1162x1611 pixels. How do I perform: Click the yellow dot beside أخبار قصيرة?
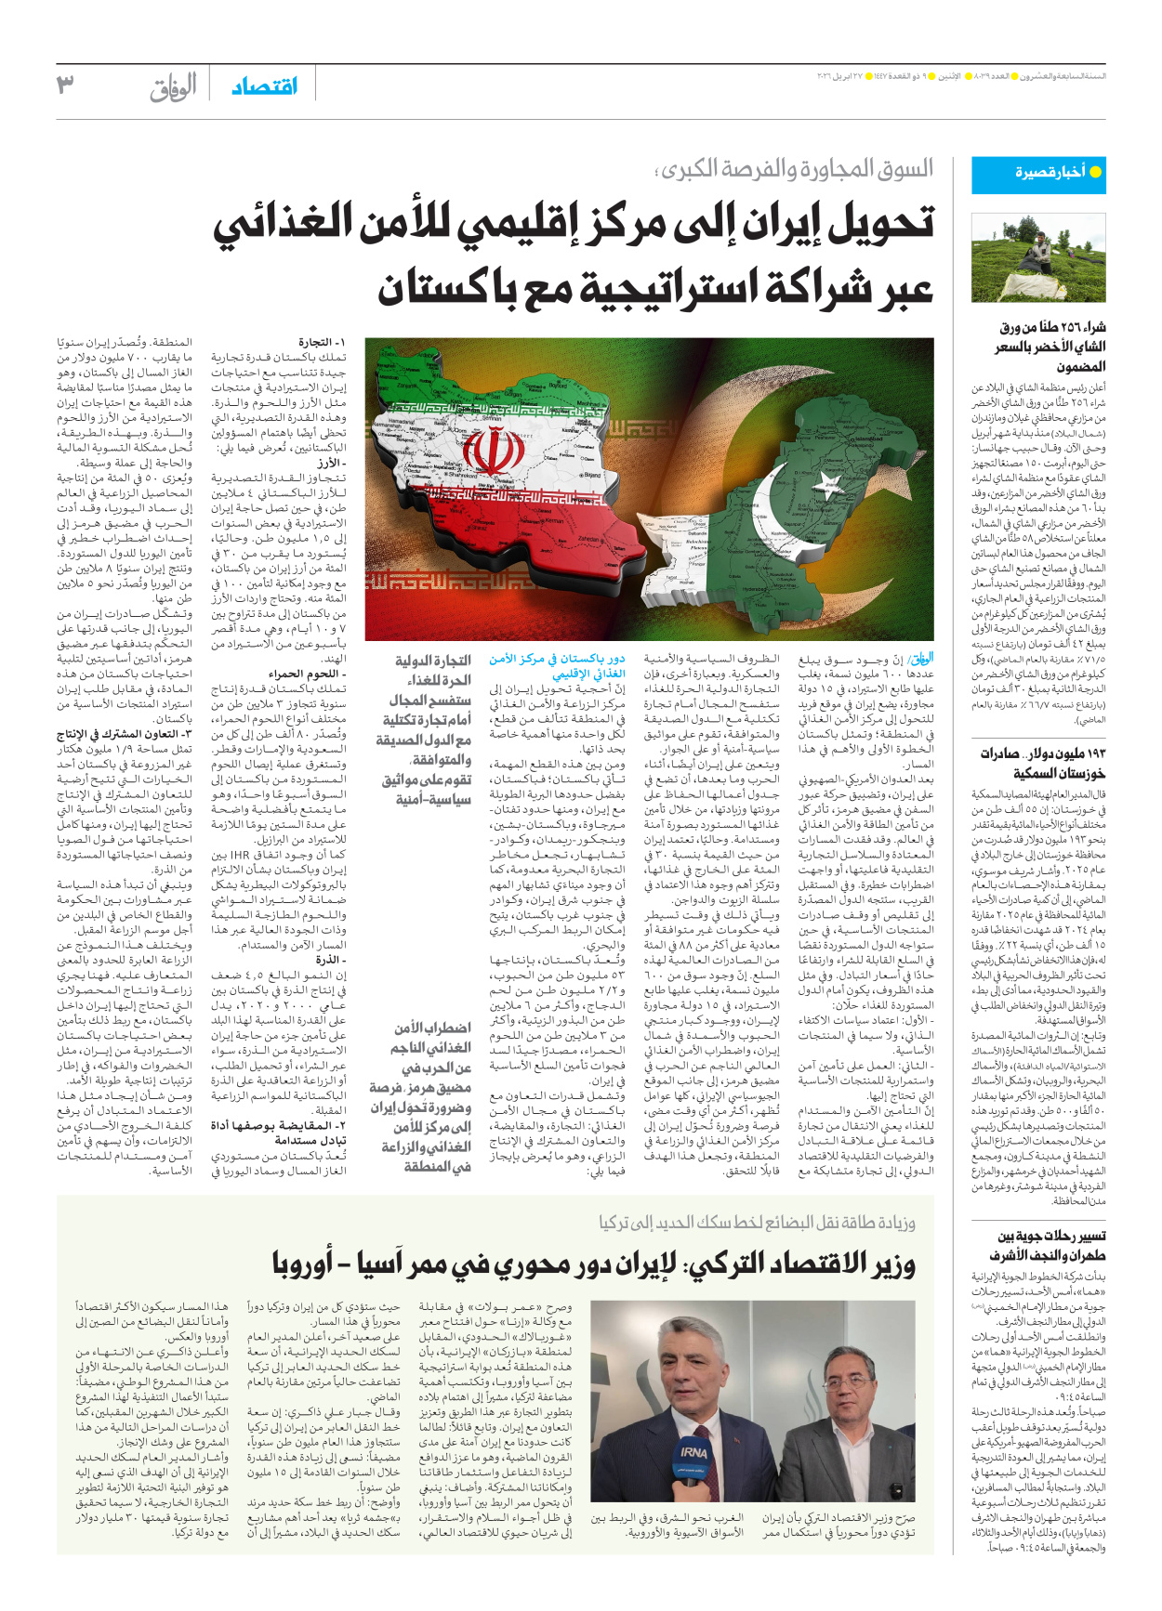1095,173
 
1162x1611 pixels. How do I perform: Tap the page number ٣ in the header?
64,86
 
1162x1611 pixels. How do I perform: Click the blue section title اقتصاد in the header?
264,87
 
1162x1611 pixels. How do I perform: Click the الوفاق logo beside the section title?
174,88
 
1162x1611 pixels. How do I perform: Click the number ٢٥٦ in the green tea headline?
1059,328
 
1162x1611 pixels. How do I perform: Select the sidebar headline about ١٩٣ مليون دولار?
1042,762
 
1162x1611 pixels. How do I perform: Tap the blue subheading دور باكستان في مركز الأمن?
558,666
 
